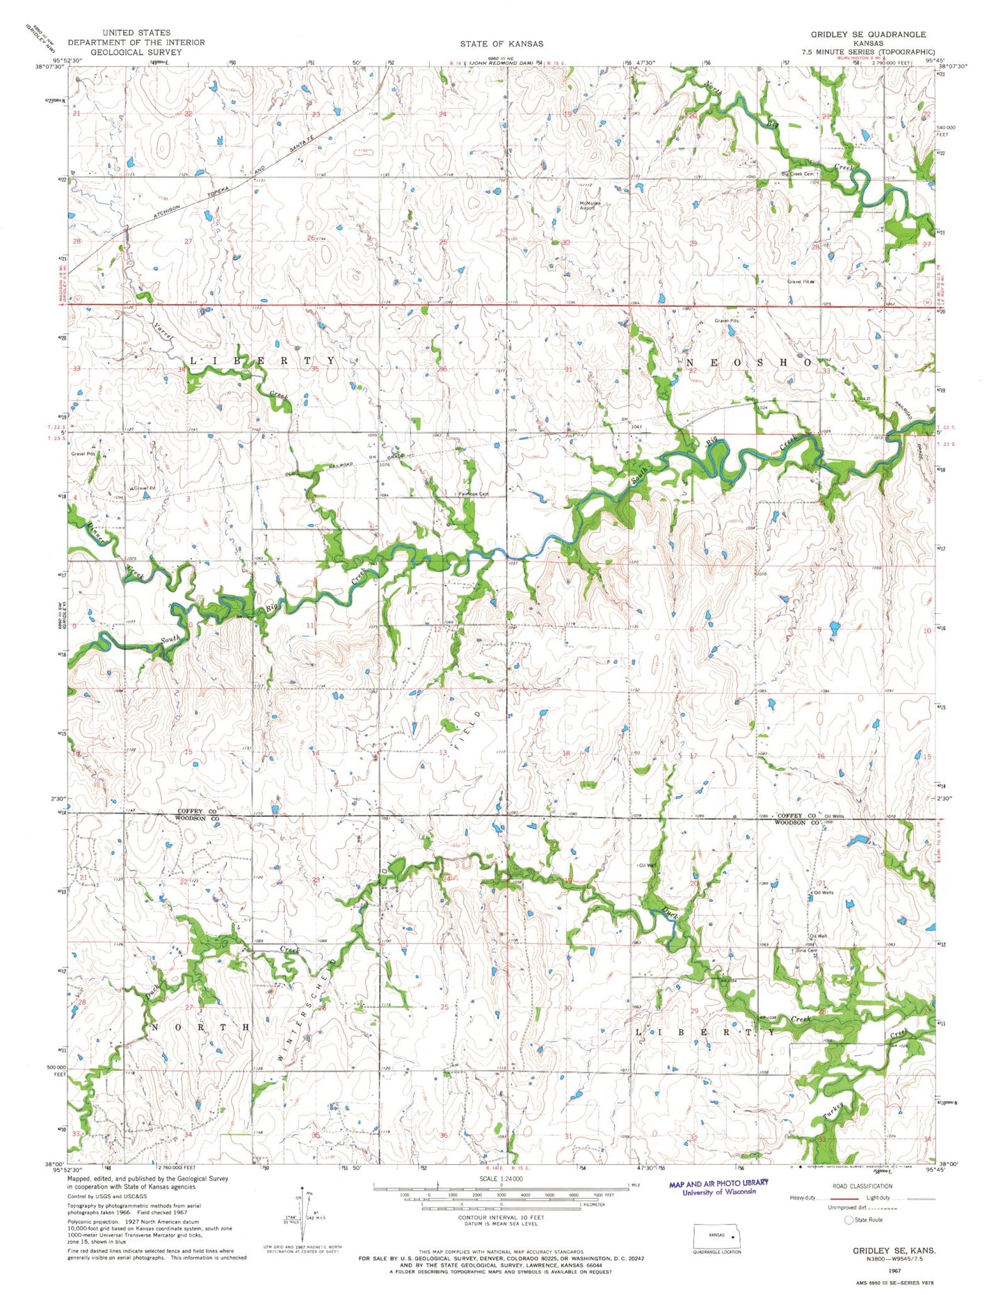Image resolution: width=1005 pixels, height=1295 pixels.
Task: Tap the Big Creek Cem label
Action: tap(797, 174)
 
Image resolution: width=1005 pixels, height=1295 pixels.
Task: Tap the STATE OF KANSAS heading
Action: tap(501, 44)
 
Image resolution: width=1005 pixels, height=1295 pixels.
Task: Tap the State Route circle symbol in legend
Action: tap(848, 1220)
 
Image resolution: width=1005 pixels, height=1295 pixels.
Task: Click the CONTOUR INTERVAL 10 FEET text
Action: tap(501, 1217)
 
